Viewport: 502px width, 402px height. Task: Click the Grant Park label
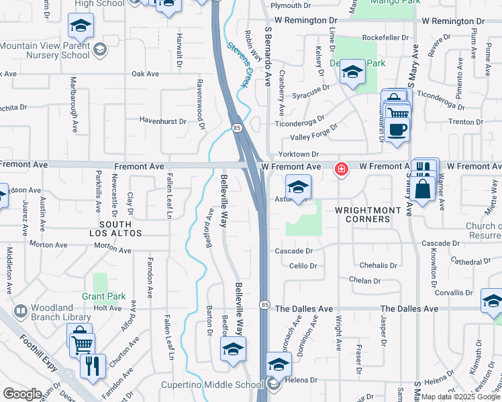pos(104,295)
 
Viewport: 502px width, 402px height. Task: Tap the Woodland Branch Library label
pos(60,313)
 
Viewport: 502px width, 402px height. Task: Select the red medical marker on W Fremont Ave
pos(341,169)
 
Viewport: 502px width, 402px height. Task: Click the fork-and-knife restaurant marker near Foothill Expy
pos(92,366)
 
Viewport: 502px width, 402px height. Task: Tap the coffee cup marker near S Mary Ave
pos(397,129)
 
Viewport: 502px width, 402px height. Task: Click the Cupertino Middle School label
pos(211,385)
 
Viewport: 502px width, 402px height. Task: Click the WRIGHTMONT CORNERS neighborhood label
pos(368,215)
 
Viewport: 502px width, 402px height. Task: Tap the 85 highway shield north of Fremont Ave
pos(236,127)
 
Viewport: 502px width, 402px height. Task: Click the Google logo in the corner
pos(22,394)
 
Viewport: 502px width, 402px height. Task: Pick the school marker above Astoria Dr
pos(298,187)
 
